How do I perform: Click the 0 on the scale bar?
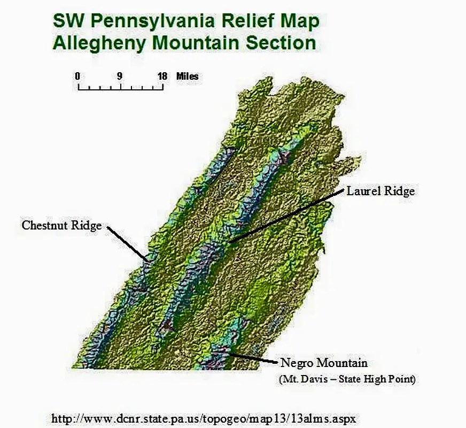[x=77, y=76]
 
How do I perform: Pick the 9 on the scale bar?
[x=120, y=76]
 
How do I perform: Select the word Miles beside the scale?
[x=187, y=77]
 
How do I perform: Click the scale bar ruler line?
[x=120, y=86]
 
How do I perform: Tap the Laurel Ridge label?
[x=380, y=190]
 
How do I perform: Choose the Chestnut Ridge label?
[x=61, y=225]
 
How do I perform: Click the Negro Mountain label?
[x=324, y=363]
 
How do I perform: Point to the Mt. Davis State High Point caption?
[x=347, y=379]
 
